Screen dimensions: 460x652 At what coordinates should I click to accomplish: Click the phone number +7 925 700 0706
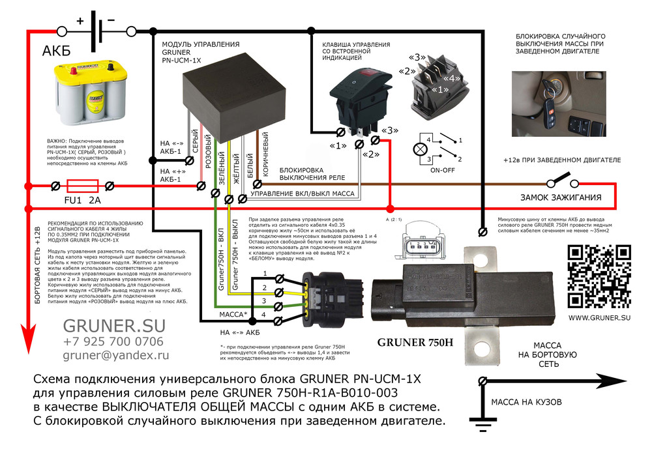113,341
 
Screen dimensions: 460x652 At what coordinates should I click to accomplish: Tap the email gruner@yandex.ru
115,356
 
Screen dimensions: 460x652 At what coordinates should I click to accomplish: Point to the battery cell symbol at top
98,30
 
